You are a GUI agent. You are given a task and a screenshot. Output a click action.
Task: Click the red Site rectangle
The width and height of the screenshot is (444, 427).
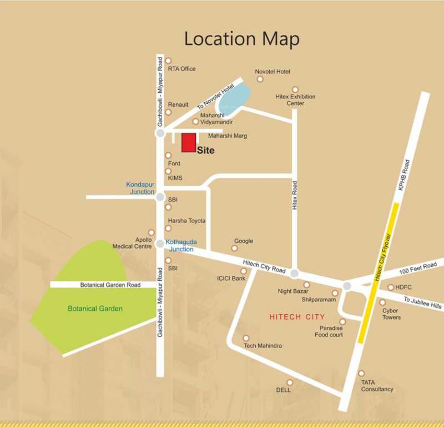[189, 142]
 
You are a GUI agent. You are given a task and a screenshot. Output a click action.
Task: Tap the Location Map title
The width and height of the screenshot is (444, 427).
[241, 39]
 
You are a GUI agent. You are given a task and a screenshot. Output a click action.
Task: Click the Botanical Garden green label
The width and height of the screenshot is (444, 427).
[95, 309]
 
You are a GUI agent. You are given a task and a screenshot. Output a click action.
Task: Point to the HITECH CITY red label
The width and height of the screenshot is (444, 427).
[297, 317]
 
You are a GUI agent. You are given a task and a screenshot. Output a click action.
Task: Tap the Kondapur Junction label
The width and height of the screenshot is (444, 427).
[140, 188]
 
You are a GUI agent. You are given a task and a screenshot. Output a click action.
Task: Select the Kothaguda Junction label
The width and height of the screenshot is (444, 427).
[179, 245]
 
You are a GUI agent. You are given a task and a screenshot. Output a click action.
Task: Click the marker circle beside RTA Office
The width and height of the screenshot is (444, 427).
[168, 60]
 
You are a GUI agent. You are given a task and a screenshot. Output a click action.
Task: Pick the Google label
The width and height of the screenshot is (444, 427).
[244, 241]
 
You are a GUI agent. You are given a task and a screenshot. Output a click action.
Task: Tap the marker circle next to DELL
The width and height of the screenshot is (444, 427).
[289, 382]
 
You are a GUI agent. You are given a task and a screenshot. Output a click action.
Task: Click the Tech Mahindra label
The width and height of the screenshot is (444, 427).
[263, 346]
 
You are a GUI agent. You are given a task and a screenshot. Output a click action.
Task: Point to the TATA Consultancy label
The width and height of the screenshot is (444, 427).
[377, 386]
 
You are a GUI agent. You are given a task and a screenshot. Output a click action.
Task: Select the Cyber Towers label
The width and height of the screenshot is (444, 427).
[391, 314]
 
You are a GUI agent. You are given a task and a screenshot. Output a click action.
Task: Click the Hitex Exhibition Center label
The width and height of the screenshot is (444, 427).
[295, 100]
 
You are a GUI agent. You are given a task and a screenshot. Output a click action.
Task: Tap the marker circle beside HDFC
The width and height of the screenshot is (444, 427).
[391, 287]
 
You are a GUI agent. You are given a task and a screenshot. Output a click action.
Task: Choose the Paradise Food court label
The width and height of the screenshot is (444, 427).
[329, 331]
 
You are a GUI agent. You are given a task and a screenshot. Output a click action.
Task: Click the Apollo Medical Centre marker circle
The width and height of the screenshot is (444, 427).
[151, 232]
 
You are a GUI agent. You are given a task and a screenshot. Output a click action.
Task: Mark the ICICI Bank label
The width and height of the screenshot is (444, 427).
[231, 278]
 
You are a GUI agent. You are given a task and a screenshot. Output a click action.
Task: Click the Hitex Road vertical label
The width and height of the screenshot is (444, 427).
[295, 195]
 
